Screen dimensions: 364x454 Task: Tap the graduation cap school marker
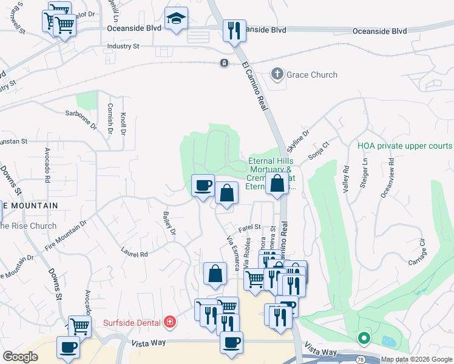click(177, 21)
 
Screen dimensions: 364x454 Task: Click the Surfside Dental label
click(133, 322)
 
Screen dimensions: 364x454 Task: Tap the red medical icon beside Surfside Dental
click(170, 322)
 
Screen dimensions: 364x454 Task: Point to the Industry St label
click(123, 46)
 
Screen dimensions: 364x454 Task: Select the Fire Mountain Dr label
click(70, 235)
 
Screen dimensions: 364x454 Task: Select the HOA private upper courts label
click(405, 146)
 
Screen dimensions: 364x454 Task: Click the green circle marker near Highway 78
click(364, 337)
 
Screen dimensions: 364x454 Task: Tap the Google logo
click(21, 357)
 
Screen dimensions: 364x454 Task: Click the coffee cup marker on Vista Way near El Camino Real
click(231, 343)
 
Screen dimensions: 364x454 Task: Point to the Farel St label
click(249, 227)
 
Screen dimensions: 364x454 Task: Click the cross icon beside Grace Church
click(277, 75)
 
